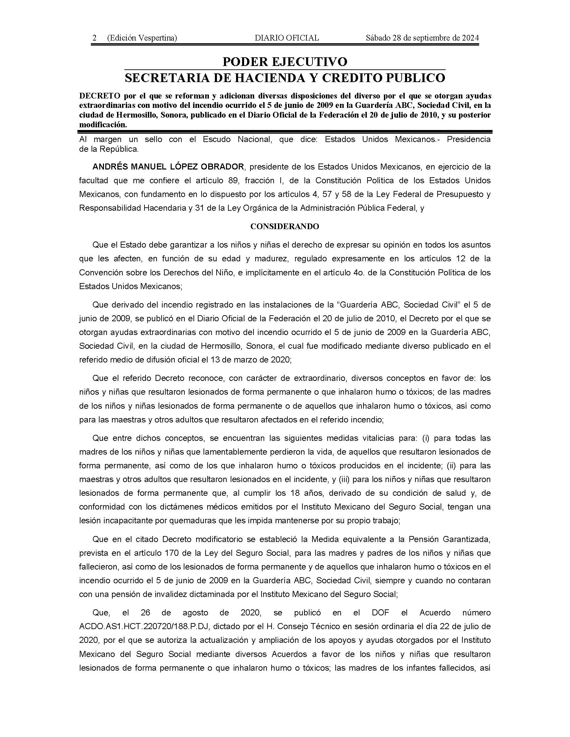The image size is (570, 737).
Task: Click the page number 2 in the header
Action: coord(95,38)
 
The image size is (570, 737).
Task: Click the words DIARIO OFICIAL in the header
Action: coord(287,38)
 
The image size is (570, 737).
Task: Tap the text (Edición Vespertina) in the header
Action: coord(142,38)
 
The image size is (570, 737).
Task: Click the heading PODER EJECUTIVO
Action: coord(285,62)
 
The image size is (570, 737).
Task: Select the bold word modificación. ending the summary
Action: coord(103,124)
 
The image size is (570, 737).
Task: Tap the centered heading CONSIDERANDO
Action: coord(285,226)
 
